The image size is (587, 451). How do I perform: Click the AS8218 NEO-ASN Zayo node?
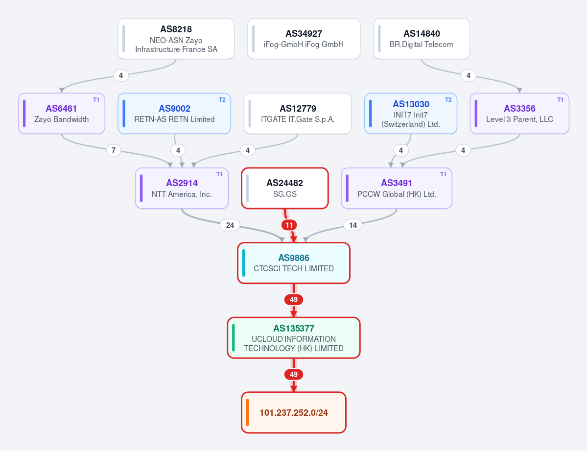176,39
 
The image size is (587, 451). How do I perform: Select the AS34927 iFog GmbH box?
304,39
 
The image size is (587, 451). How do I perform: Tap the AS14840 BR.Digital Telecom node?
422,39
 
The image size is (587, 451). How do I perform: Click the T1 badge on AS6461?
96,100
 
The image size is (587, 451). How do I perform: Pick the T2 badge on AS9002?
222,100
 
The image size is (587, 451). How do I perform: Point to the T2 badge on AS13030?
448,100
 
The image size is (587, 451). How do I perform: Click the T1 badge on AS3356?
560,100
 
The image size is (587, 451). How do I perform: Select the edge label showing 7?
114,150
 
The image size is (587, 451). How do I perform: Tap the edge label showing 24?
230,225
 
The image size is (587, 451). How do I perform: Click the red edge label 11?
289,225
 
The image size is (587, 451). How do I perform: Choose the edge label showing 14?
352,225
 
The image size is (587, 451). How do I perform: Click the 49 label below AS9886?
294,300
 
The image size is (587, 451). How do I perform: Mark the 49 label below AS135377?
294,375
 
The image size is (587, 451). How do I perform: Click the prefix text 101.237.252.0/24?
294,413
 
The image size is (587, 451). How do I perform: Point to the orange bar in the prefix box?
247,413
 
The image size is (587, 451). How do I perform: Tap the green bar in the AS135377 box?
234,338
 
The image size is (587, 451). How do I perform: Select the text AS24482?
284,183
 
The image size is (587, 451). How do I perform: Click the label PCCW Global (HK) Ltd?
397,194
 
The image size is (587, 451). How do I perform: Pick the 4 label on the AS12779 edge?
247,150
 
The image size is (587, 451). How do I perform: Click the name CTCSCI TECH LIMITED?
294,268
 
